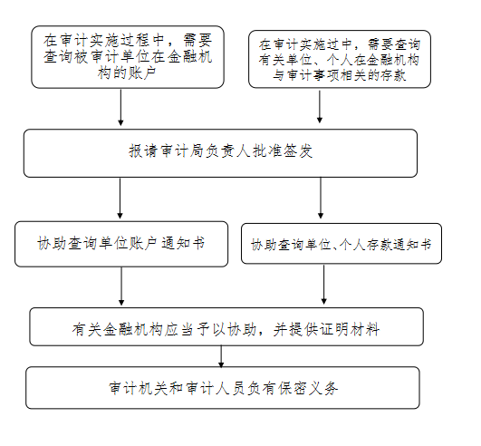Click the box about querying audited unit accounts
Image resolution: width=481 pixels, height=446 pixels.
[128, 57]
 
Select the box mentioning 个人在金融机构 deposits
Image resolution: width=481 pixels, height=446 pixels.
[340, 59]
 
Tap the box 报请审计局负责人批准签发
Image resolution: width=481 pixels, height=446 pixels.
[220, 153]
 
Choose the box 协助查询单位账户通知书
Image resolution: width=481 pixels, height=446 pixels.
[121, 244]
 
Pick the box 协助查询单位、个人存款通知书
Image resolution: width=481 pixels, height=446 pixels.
[342, 244]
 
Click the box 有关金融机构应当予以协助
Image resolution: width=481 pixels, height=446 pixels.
[226, 326]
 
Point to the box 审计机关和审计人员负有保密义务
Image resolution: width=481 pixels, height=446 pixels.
[223, 388]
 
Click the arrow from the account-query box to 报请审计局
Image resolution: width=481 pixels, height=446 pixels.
[120, 107]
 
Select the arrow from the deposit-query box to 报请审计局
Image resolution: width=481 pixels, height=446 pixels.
[320, 106]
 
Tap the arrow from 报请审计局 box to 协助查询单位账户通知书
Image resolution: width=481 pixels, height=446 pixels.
[120, 199]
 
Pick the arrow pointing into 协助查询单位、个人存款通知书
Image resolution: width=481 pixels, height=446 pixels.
[321, 198]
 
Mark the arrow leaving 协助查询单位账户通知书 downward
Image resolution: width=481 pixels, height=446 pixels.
[121, 286]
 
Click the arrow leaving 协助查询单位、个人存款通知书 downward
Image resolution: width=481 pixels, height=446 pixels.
[323, 285]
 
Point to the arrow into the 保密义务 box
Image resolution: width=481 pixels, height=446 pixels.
[221, 356]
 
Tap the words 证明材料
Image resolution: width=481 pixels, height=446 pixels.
[350, 330]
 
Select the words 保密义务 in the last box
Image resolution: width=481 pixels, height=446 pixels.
[308, 388]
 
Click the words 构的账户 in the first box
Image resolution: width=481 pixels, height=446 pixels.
[128, 73]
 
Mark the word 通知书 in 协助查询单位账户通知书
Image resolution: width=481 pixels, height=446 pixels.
[183, 244]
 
